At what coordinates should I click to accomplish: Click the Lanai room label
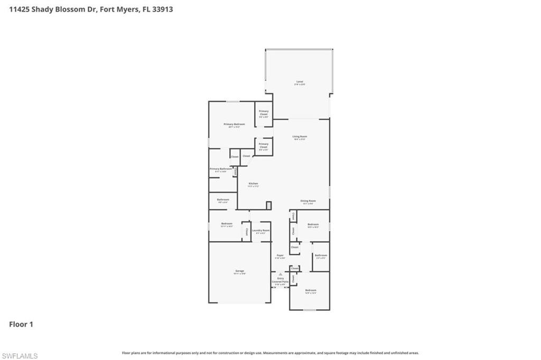coord(300,82)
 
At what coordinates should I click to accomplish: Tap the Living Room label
coord(300,137)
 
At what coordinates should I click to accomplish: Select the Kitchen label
coord(254,184)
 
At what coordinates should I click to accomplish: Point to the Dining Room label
coord(308,201)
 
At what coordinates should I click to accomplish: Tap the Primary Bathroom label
coord(220,169)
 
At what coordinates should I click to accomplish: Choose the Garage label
coord(240,271)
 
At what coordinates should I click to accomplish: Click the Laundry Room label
coord(260,230)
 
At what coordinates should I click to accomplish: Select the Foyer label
coord(281,256)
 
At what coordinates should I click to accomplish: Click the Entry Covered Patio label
coord(281,281)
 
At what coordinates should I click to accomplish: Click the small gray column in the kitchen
coord(269,205)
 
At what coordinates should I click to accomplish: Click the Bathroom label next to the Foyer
coord(321,256)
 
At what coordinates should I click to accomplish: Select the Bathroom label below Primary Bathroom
coord(222,200)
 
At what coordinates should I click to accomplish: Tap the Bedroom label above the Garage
coord(227,224)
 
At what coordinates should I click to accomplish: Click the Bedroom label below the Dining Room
coord(313,225)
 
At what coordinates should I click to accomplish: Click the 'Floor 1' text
coord(21,324)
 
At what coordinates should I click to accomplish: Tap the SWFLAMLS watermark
coord(20,356)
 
